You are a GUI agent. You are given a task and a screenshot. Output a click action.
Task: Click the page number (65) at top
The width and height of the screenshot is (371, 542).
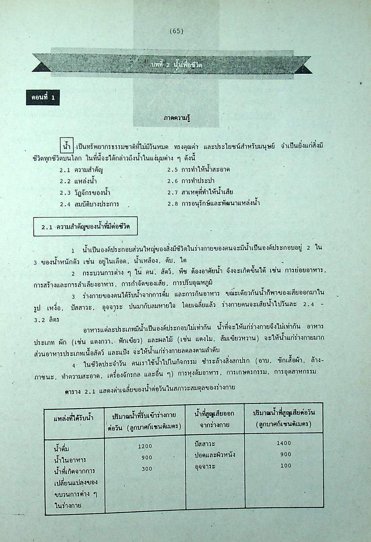pyautogui.click(x=176, y=31)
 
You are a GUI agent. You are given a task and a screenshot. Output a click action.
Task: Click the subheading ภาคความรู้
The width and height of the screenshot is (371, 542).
pyautogui.click(x=176, y=118)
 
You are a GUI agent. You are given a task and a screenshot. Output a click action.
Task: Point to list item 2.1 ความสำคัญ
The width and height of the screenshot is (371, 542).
pyautogui.click(x=84, y=170)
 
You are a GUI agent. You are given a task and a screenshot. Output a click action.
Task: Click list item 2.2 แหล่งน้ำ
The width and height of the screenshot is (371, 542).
pyautogui.click(x=79, y=181)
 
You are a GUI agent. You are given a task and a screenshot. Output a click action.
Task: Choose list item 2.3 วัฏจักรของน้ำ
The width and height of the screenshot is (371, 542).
pyautogui.click(x=85, y=193)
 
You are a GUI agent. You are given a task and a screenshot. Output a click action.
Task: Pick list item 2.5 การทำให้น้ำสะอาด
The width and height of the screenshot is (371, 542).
pyautogui.click(x=198, y=170)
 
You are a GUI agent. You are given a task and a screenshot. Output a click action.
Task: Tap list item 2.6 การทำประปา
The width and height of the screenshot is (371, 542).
pyautogui.click(x=191, y=181)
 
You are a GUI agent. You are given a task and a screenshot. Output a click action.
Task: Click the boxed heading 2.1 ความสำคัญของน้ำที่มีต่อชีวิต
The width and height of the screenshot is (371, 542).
pyautogui.click(x=86, y=228)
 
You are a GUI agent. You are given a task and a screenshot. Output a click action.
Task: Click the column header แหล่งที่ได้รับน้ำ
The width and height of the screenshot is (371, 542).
pyautogui.click(x=73, y=418)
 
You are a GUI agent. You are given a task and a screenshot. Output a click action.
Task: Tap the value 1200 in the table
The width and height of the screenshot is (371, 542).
pyautogui.click(x=145, y=446)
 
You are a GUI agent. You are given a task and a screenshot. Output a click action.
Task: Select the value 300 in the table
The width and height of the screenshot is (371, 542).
pyautogui.click(x=147, y=469)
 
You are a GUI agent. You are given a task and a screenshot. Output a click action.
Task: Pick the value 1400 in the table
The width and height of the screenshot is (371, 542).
pyautogui.click(x=284, y=443)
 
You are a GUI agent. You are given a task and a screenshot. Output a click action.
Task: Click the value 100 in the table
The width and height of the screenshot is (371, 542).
pyautogui.click(x=286, y=465)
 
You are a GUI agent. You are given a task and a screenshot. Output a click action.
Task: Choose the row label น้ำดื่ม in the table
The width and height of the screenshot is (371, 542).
pyautogui.click(x=62, y=449)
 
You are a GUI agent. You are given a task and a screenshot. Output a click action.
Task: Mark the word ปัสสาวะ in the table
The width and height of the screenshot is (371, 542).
pyautogui.click(x=205, y=444)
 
